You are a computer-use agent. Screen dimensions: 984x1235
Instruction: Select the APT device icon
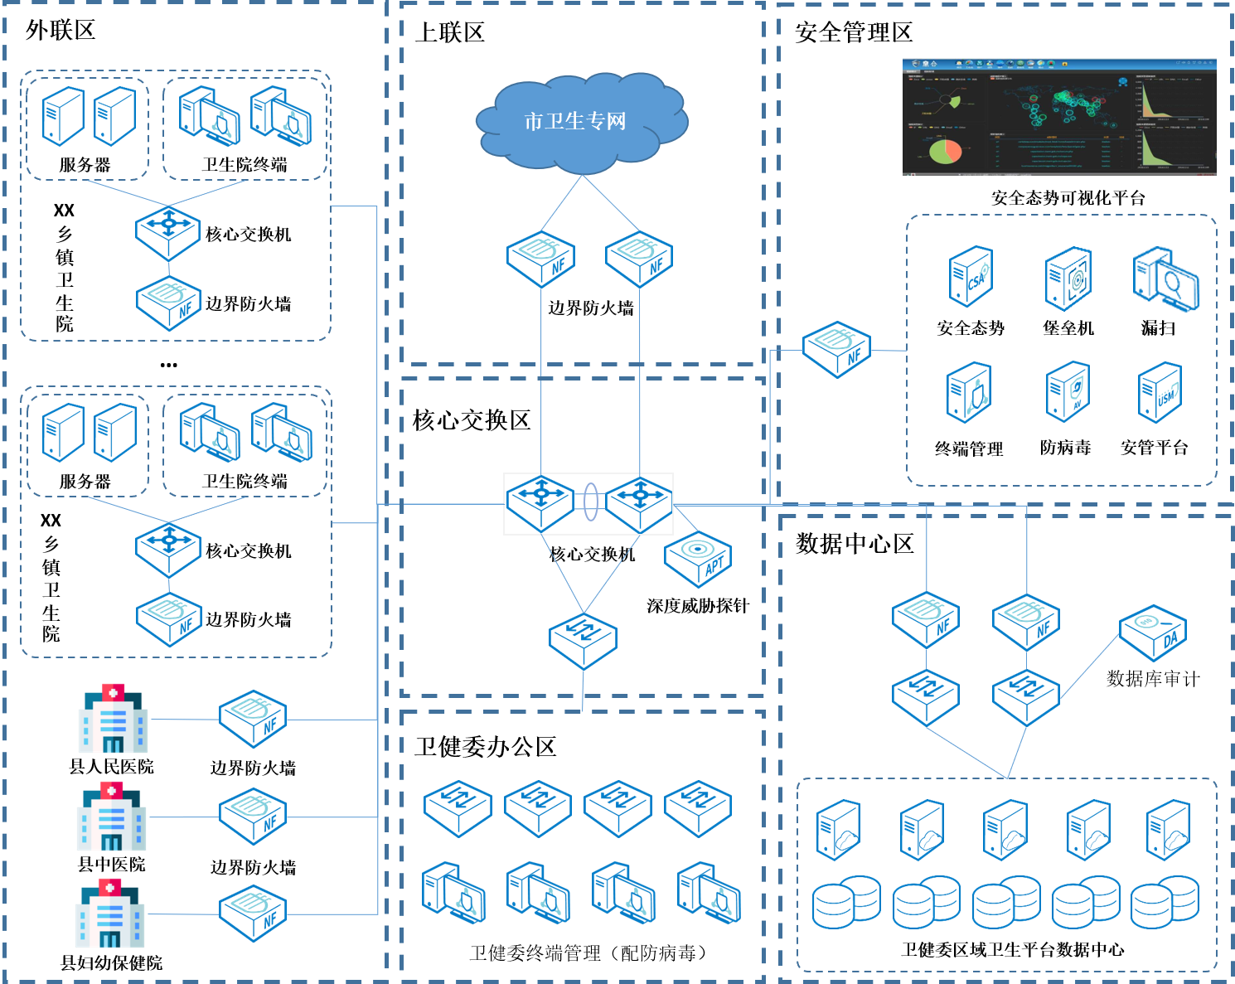click(698, 560)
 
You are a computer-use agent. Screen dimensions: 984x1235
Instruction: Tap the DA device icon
click(1153, 633)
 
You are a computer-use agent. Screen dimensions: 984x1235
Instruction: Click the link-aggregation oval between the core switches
click(590, 502)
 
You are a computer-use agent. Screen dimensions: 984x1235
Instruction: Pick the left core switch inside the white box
click(540, 503)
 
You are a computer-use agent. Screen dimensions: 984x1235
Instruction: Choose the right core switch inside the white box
click(640, 503)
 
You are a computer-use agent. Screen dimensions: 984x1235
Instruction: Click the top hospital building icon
click(113, 719)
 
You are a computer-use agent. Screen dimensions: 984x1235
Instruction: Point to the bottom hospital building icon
click(110, 914)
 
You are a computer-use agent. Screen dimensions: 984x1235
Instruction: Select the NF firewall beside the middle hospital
click(253, 817)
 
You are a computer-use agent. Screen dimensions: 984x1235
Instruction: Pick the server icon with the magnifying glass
click(1165, 279)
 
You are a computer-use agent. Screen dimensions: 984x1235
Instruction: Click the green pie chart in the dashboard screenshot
click(945, 152)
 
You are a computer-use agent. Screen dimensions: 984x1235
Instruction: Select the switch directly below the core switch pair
click(583, 641)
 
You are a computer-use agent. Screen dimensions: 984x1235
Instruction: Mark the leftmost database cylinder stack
click(846, 902)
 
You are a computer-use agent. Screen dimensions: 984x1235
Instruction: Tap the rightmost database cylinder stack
click(1165, 902)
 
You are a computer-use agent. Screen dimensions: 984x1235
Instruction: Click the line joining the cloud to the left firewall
click(562, 203)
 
